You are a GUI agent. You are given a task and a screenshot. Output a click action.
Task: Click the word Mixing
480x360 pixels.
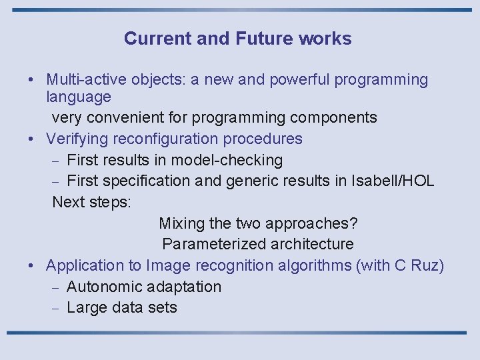click(181, 223)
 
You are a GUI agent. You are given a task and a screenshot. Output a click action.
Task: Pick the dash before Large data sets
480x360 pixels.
click(57, 308)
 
